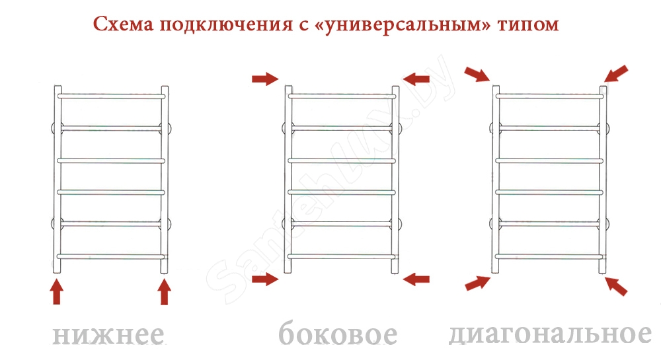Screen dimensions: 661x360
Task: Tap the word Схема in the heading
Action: tap(123, 24)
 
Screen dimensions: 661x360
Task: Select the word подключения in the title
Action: tap(225, 25)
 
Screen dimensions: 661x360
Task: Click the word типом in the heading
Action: tap(527, 25)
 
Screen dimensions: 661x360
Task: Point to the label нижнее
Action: tap(108, 335)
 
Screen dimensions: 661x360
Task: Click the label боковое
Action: tap(338, 334)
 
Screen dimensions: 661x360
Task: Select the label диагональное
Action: tap(550, 334)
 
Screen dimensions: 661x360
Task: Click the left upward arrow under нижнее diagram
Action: tap(56, 292)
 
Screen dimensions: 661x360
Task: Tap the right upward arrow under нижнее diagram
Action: tap(165, 292)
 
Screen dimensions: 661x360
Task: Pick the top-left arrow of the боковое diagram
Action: tap(265, 79)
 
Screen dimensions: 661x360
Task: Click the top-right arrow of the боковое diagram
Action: tap(416, 79)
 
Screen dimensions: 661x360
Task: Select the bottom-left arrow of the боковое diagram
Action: tap(265, 279)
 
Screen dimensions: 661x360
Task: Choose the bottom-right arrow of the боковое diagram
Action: tap(416, 279)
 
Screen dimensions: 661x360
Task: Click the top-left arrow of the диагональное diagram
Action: tap(477, 74)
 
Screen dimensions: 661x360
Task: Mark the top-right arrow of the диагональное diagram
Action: tap(616, 74)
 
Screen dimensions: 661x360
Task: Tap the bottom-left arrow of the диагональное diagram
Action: tap(478, 283)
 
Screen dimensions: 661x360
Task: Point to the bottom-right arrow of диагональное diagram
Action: tap(616, 286)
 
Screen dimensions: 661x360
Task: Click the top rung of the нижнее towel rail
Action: tap(111, 96)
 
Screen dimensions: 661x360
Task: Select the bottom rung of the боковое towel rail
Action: tap(342, 256)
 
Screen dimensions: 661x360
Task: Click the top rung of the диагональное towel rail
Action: tap(550, 96)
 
